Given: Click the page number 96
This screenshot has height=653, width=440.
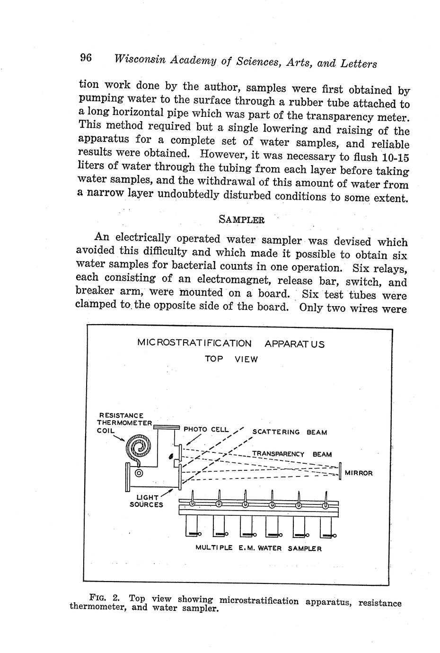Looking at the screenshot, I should pyautogui.click(x=85, y=58).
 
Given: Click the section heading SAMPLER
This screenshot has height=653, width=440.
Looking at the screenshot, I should pyautogui.click(x=241, y=220).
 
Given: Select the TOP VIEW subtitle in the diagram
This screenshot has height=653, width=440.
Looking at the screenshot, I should pyautogui.click(x=231, y=359).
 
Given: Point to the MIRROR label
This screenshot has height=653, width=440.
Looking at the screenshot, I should pyautogui.click(x=359, y=473).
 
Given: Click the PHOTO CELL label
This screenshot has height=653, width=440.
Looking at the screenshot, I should pyautogui.click(x=206, y=430).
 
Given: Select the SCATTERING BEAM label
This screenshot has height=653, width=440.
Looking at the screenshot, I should pyautogui.click(x=290, y=432).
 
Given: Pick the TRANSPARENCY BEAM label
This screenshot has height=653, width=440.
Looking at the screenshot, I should pyautogui.click(x=291, y=454).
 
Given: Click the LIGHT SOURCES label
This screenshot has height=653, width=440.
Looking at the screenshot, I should pyautogui.click(x=146, y=501).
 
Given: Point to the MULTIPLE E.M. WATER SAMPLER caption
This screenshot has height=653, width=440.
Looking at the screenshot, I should pyautogui.click(x=258, y=549).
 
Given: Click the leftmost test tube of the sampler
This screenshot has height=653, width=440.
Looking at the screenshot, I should pyautogui.click(x=192, y=527).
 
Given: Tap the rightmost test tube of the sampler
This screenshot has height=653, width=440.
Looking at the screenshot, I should pyautogui.click(x=326, y=527).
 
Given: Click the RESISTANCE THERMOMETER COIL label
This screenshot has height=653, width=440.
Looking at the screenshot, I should pyautogui.click(x=124, y=423).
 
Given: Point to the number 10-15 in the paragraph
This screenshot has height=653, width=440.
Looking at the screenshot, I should pyautogui.click(x=393, y=158).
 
